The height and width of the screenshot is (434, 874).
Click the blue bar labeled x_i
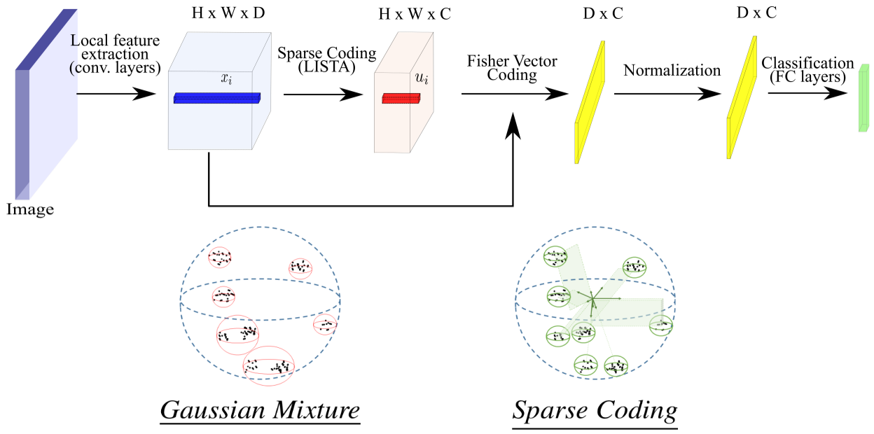click(x=217, y=99)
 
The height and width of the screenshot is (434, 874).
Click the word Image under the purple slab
click(x=29, y=209)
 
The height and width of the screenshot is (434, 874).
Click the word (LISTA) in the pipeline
click(x=327, y=68)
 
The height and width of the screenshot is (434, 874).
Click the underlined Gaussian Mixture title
click(x=260, y=409)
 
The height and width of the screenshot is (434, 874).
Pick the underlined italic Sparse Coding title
click(x=595, y=410)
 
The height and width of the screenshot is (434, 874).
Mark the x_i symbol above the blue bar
click(x=226, y=79)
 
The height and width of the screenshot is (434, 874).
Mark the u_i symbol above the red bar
click(x=421, y=79)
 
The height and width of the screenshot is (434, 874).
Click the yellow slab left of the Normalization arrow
click(x=589, y=101)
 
